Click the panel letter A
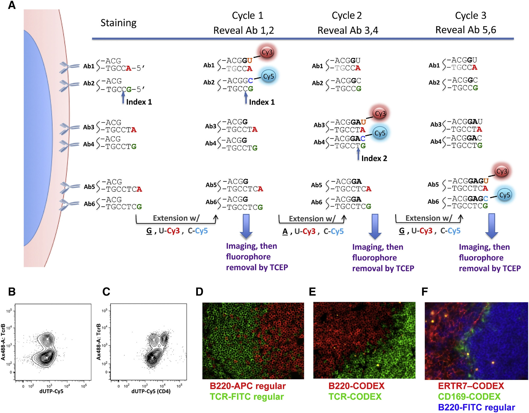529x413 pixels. pos(12,5)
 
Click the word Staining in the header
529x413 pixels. pos(118,23)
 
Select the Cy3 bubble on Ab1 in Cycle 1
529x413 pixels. pos(267,52)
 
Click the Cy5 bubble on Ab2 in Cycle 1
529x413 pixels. pos(268,76)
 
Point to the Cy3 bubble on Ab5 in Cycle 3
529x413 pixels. pos(501,171)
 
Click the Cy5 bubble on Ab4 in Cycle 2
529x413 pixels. pos(380,133)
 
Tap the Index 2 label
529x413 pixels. pos(374,158)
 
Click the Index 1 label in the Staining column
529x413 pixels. pos(139,102)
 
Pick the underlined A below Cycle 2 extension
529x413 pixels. pos(285,231)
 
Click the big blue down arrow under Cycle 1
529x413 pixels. pos(246,226)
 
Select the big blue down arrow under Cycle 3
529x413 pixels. pos(491,226)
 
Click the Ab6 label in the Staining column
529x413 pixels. pos(89,204)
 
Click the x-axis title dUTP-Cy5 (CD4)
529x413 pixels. pos(151,391)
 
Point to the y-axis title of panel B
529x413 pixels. pos(3,342)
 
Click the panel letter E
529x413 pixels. pos(312,292)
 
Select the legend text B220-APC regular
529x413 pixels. pos(248,386)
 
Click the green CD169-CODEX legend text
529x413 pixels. pos(469,397)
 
